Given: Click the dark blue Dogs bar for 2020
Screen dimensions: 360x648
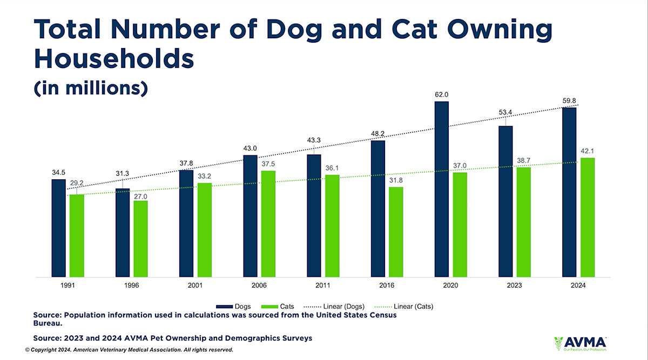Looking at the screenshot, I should click(441, 189).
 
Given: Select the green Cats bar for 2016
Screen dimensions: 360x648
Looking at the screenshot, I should click(396, 232).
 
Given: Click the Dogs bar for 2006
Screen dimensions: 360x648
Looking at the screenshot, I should click(250, 216).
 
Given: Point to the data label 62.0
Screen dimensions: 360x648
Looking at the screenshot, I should click(441, 94).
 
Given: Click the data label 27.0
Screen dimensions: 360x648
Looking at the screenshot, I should click(140, 197).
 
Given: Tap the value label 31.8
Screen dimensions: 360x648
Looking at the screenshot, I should click(396, 180).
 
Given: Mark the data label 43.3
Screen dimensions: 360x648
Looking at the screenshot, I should click(314, 140).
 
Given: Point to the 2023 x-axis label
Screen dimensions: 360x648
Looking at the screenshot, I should click(514, 285).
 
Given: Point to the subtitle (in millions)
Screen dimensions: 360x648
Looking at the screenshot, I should click(90, 88).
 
